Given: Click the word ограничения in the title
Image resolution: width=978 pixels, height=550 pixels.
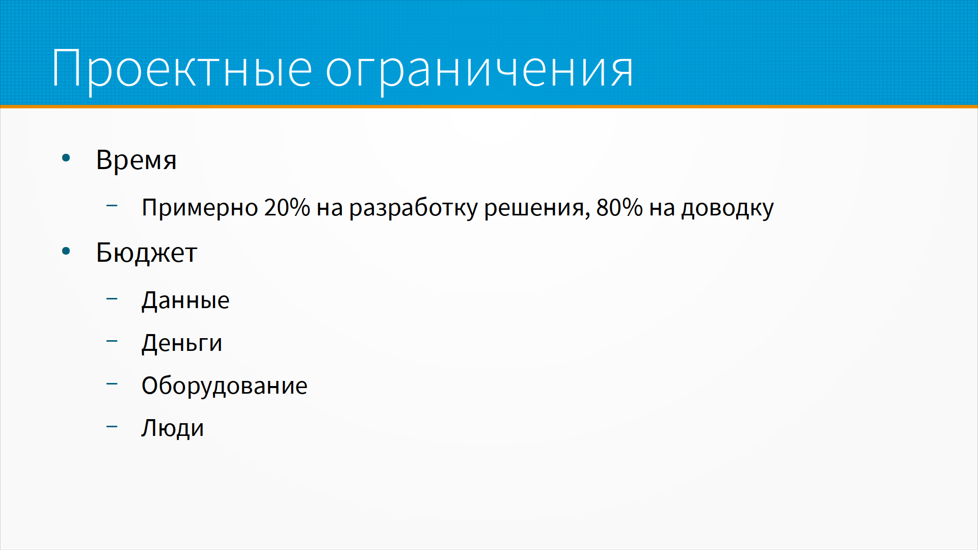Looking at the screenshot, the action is click(479, 72).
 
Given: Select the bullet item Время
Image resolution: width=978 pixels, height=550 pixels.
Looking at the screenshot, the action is click(137, 160).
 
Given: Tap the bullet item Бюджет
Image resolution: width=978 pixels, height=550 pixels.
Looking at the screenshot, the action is click(147, 253).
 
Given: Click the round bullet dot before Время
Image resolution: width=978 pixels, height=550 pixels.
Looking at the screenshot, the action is click(66, 158).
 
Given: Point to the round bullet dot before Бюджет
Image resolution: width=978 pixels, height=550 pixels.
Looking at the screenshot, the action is click(66, 251).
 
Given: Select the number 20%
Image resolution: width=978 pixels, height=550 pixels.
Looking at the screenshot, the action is click(287, 207).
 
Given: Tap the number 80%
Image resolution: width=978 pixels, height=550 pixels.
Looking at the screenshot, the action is click(619, 207).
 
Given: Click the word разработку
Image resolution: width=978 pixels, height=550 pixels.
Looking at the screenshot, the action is click(413, 208).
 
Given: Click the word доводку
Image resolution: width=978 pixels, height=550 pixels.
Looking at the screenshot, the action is click(727, 208).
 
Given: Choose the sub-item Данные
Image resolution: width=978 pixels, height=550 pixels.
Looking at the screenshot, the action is click(185, 300).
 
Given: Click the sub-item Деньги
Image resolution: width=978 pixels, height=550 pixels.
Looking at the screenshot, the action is click(182, 343).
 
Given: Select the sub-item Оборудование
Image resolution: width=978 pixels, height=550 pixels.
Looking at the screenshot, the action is click(225, 386).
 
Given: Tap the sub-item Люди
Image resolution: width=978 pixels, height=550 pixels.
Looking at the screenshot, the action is click(173, 428).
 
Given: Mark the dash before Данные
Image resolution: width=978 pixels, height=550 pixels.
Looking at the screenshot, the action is click(112, 299).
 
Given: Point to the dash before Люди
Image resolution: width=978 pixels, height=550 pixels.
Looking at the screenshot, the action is click(112, 427).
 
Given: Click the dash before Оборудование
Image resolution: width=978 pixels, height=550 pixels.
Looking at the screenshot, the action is click(112, 384).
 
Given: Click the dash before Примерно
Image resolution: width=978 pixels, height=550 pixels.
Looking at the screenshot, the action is click(112, 206).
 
